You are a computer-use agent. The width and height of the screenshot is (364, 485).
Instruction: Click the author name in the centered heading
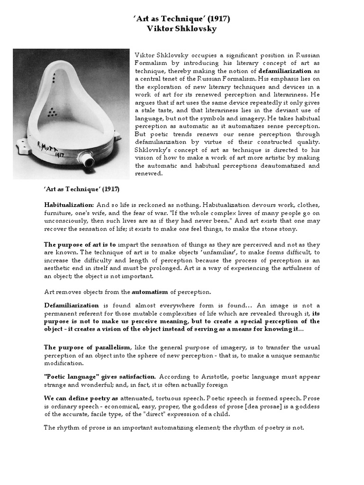coord(182,28)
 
